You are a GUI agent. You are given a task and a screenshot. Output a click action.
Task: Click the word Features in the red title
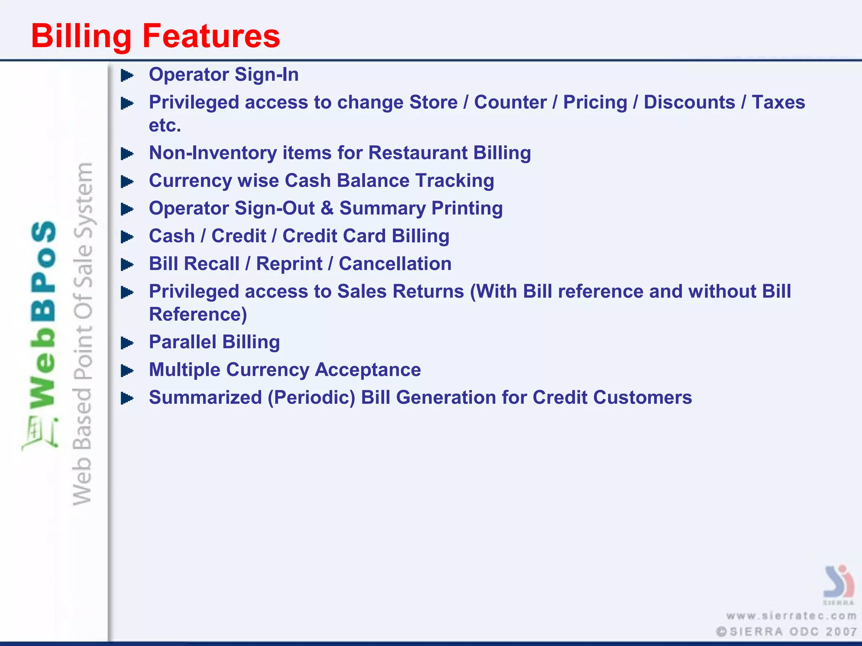pyautogui.click(x=211, y=36)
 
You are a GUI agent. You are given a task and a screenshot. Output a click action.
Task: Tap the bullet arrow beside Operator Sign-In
pyautogui.click(x=127, y=76)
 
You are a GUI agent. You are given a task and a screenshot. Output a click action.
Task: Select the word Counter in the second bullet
pyautogui.click(x=510, y=102)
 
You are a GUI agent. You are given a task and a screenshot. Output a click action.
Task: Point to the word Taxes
pyautogui.click(x=778, y=102)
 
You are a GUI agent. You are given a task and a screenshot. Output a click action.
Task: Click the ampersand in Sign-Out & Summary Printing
pyautogui.click(x=327, y=208)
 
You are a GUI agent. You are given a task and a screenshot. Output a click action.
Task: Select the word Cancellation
pyautogui.click(x=395, y=264)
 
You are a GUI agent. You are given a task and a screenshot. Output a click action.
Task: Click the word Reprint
pyautogui.click(x=289, y=264)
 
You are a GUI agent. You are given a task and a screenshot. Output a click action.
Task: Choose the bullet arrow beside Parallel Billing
pyautogui.click(x=127, y=343)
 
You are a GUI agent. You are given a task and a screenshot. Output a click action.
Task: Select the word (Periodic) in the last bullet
pyautogui.click(x=311, y=397)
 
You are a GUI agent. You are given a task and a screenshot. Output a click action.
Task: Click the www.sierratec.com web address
pyautogui.click(x=791, y=616)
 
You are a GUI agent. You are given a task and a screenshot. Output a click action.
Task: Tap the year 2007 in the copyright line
pyautogui.click(x=841, y=632)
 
